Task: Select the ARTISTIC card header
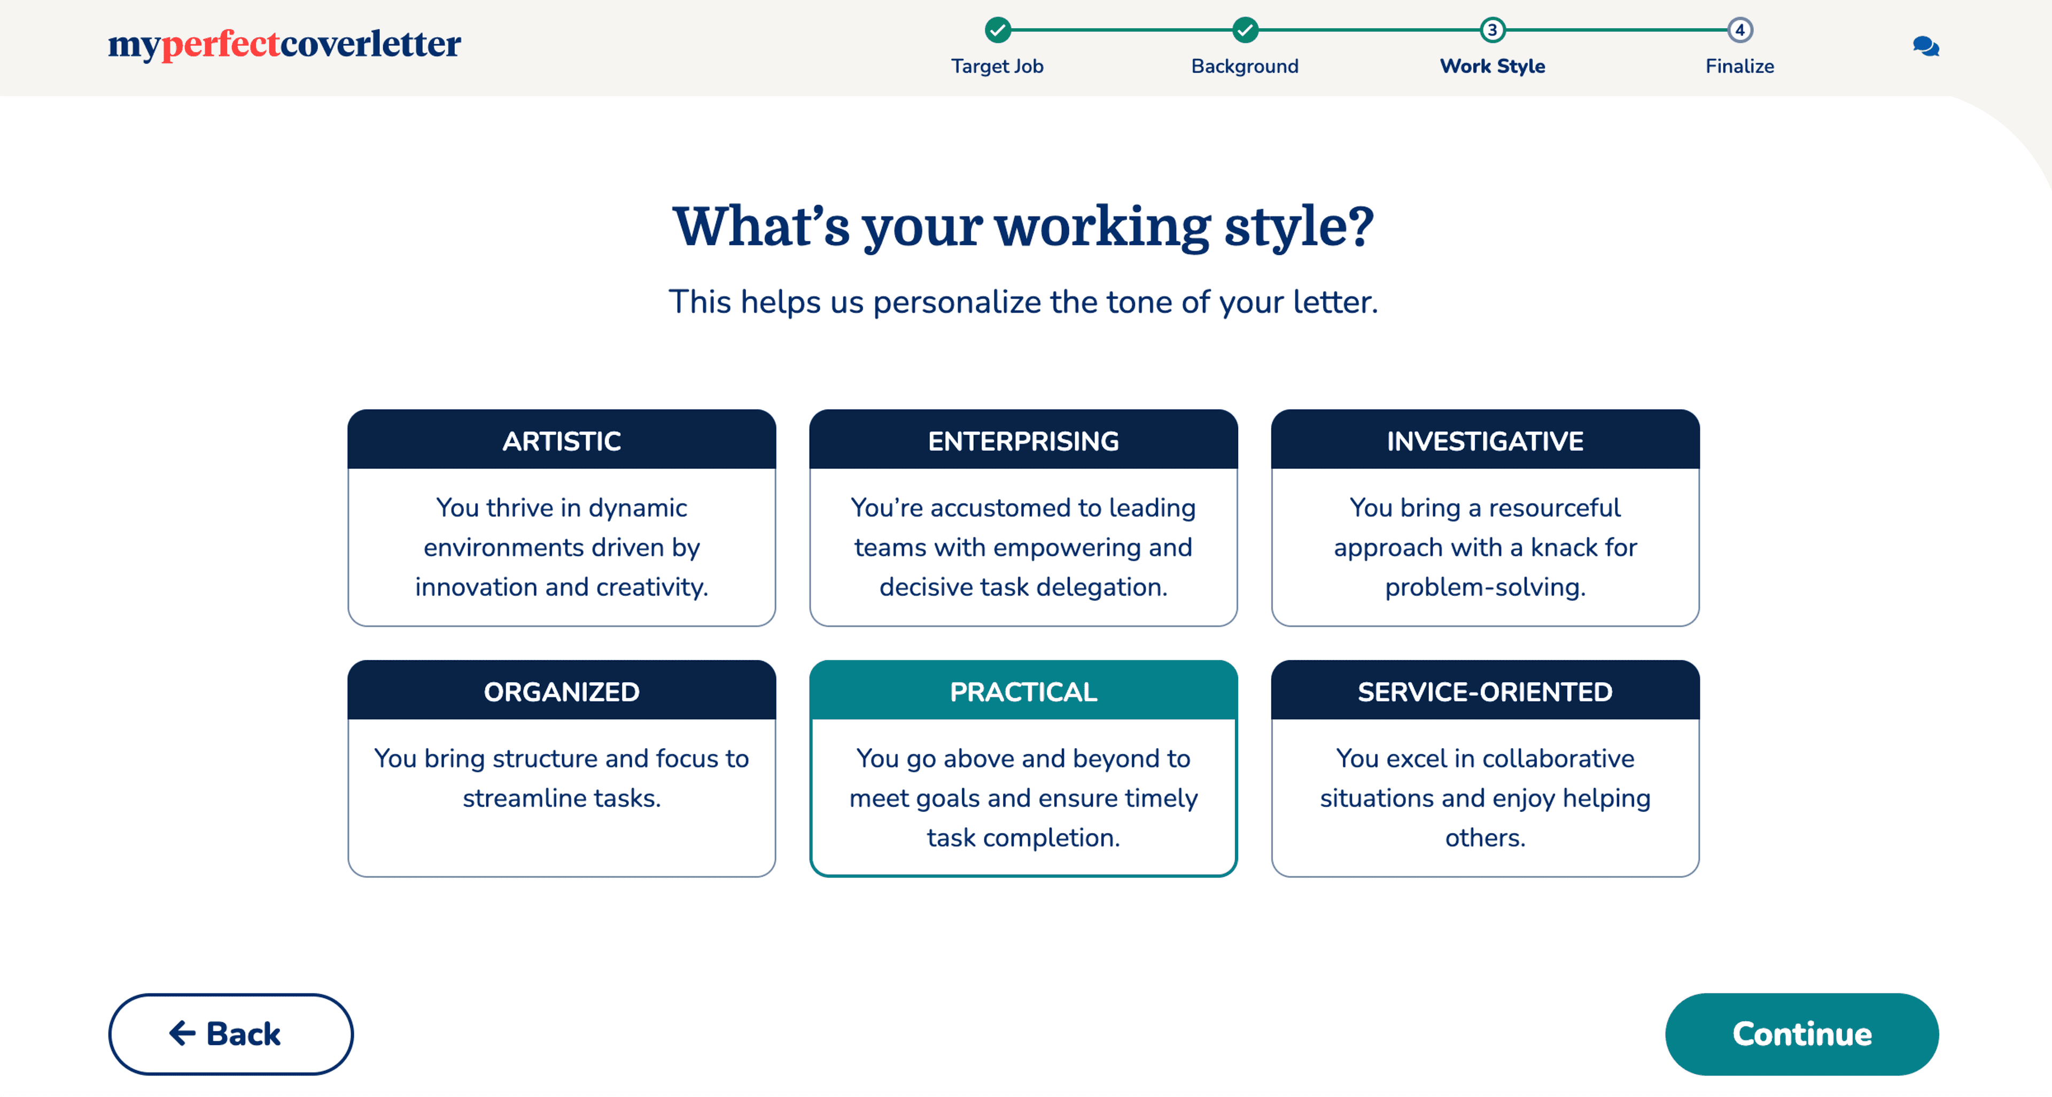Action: click(562, 440)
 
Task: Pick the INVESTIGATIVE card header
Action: click(1485, 440)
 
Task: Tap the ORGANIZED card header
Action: click(562, 691)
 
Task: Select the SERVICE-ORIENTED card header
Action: click(1485, 691)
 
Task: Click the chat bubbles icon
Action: click(1925, 46)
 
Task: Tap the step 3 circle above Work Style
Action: click(1492, 30)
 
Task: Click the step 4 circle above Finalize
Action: click(1740, 30)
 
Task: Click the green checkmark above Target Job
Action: click(997, 30)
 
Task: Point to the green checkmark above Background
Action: click(1245, 30)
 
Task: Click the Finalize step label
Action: click(1740, 66)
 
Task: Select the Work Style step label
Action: click(1492, 66)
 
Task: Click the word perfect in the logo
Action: click(221, 44)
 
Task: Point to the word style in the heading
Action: click(1299, 228)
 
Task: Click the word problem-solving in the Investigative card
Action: click(1485, 587)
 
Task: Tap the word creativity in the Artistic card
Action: click(651, 587)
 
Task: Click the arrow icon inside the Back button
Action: click(182, 1033)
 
